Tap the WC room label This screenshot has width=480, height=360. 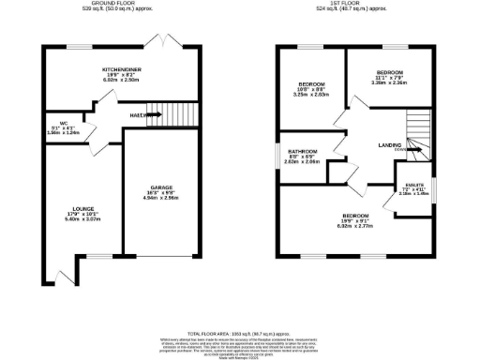coord(64,123)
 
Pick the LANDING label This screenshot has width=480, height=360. coord(390,144)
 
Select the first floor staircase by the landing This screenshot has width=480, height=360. coord(415,131)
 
